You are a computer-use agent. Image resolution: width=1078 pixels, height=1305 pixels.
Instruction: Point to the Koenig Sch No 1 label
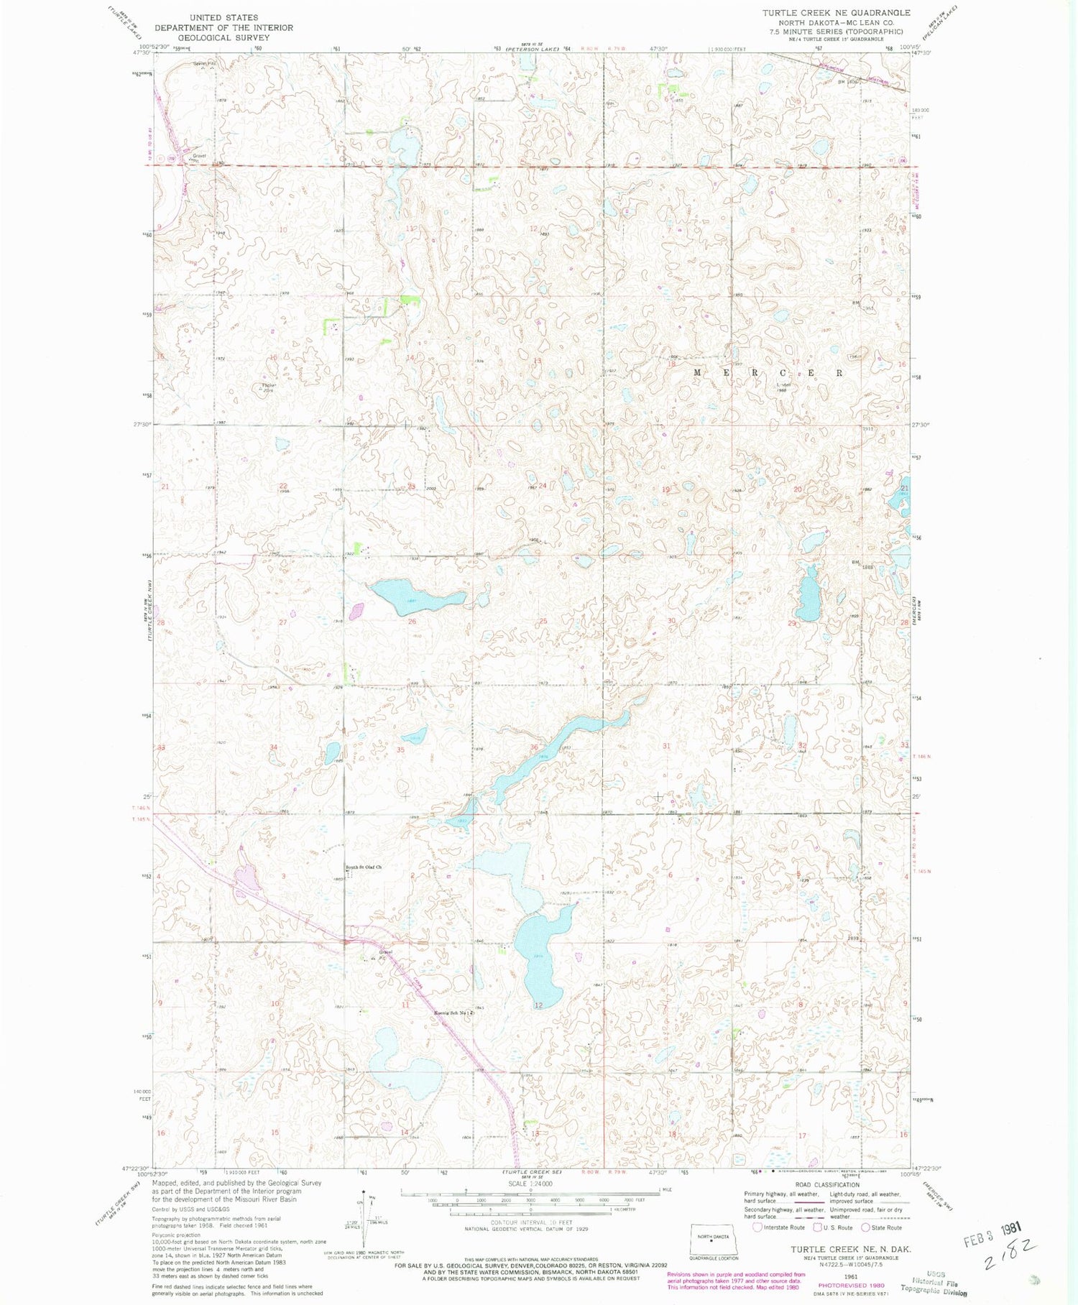click(x=453, y=1013)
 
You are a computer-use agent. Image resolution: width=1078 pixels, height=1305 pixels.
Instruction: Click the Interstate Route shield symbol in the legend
click(x=757, y=1227)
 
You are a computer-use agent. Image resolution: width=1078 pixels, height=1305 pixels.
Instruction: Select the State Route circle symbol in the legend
click(x=866, y=1227)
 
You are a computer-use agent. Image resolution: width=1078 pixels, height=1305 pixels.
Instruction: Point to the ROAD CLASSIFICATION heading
click(x=826, y=1185)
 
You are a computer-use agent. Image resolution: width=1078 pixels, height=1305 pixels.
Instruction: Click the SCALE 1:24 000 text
click(x=530, y=1183)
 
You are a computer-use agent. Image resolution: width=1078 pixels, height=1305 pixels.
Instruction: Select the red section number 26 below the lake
click(x=412, y=622)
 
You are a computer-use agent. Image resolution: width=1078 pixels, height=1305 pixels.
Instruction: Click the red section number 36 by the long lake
click(x=534, y=747)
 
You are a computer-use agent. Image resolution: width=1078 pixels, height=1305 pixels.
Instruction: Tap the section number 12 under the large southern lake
click(x=538, y=1005)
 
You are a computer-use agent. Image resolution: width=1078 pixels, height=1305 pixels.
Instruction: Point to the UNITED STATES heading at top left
click(x=224, y=17)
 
